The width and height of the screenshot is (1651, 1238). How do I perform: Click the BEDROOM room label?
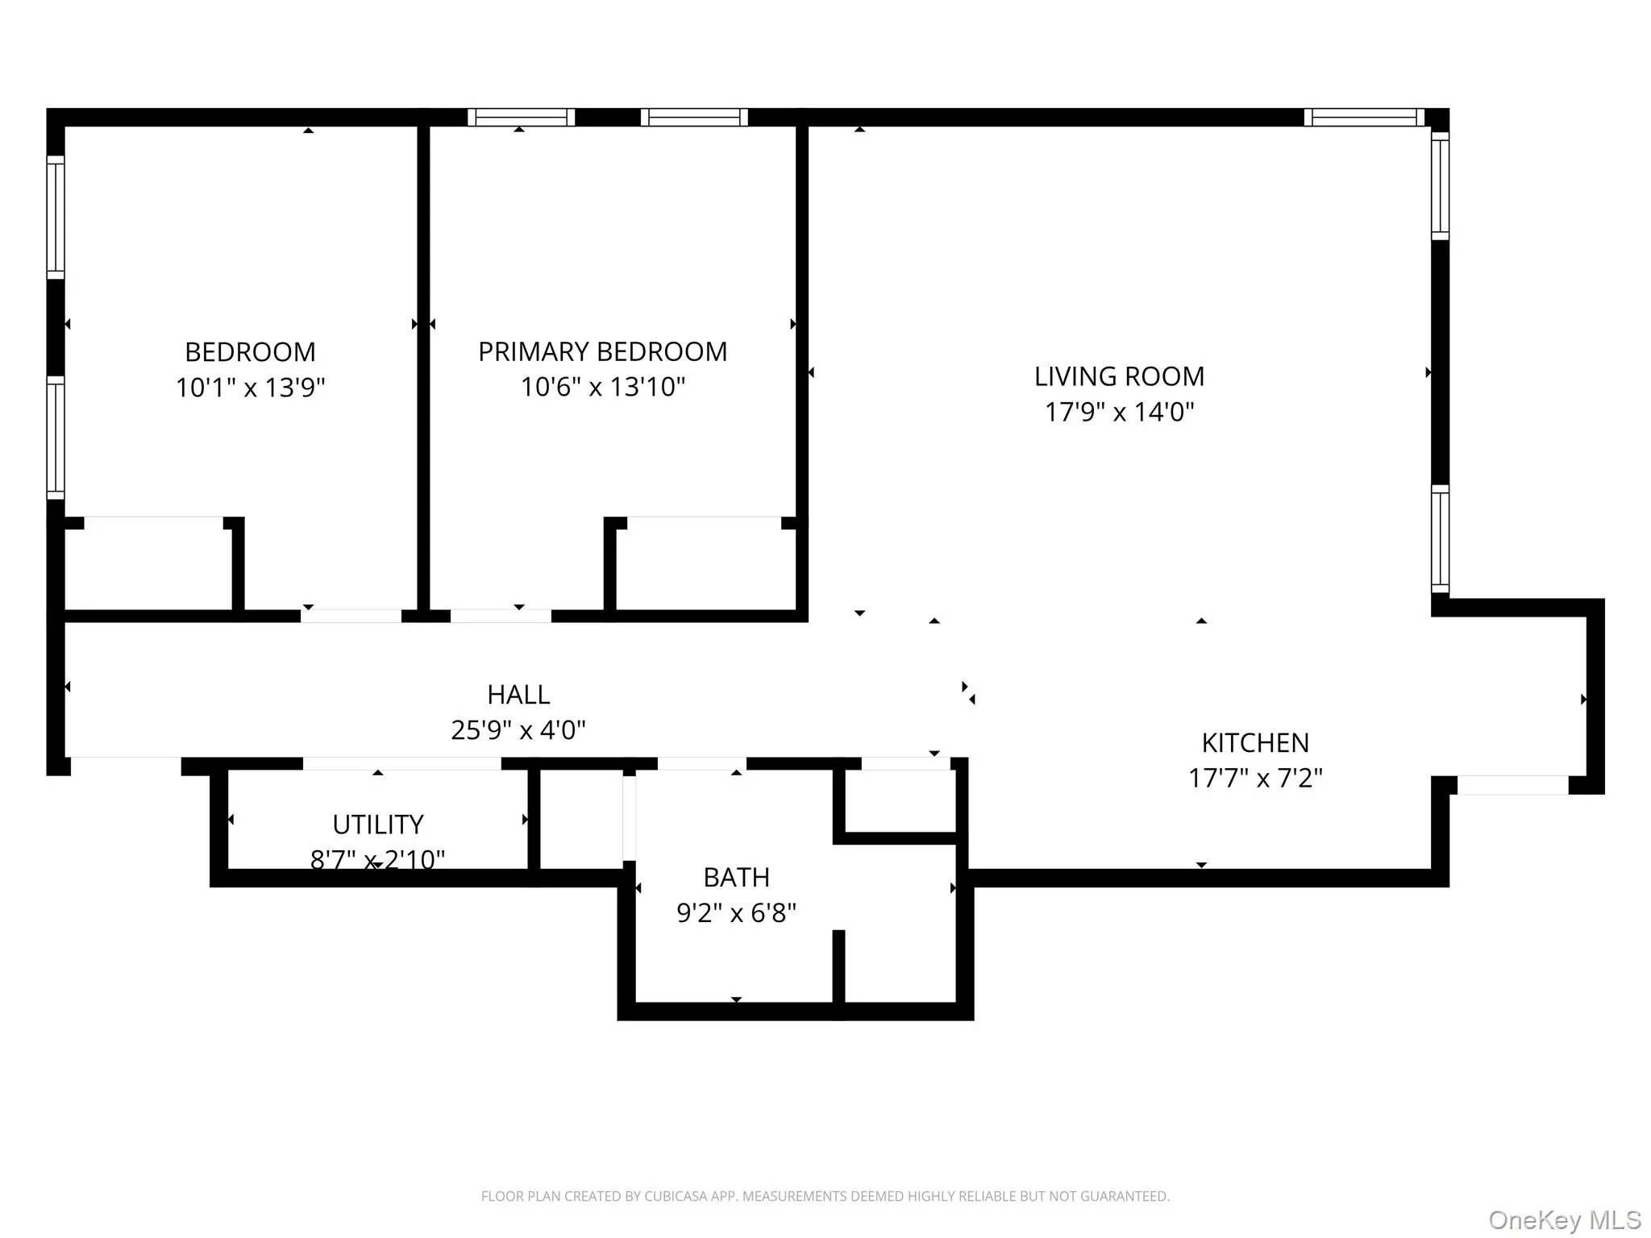click(x=250, y=352)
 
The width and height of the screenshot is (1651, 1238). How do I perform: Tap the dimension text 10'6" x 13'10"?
click(x=602, y=387)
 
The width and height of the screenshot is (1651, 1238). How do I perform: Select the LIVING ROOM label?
click(x=1119, y=376)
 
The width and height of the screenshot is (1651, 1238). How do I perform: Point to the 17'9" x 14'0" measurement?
click(x=1119, y=412)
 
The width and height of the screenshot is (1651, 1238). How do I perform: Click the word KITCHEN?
click(x=1254, y=742)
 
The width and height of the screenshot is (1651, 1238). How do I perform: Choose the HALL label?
click(x=518, y=695)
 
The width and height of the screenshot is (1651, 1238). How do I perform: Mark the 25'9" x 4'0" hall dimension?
click(x=518, y=730)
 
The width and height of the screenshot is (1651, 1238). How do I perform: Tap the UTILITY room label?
click(x=377, y=825)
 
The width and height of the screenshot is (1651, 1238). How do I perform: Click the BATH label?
click(x=736, y=877)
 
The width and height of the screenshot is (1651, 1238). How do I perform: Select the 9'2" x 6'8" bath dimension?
click(x=736, y=913)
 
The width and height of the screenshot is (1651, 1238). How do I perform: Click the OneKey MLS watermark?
click(x=1564, y=1220)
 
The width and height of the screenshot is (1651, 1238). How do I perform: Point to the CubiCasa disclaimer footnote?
click(x=825, y=1196)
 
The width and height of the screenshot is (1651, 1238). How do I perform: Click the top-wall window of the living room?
click(x=1364, y=118)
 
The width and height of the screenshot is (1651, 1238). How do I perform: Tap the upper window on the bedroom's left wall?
click(x=56, y=217)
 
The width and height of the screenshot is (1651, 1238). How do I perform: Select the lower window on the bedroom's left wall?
click(x=56, y=437)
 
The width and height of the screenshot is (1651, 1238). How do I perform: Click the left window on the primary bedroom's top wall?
click(x=521, y=118)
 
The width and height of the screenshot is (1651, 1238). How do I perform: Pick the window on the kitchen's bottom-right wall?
click(x=1512, y=785)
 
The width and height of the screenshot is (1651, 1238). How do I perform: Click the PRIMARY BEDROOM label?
click(x=602, y=352)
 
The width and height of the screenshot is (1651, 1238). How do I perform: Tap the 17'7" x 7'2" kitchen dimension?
click(x=1254, y=778)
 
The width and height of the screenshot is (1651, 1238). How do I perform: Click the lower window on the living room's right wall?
click(x=1440, y=538)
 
